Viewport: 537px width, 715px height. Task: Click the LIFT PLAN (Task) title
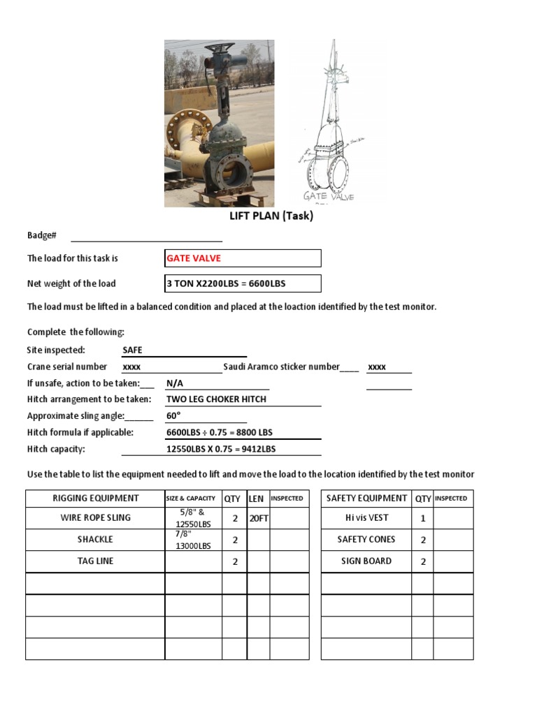[271, 216]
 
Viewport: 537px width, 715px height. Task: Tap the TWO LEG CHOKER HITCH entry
[216, 399]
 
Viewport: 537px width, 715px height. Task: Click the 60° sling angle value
[173, 416]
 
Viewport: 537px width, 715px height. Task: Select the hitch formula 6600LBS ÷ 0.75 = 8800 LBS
[220, 433]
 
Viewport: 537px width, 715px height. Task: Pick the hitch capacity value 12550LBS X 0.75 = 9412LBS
[221, 450]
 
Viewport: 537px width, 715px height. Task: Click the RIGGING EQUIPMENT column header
[96, 499]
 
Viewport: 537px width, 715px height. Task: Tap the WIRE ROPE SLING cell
[96, 518]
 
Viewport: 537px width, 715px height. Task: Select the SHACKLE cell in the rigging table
[96, 540]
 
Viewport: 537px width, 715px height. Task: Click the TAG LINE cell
[96, 561]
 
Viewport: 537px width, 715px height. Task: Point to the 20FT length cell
[258, 518]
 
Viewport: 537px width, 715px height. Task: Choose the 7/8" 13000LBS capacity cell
[194, 540]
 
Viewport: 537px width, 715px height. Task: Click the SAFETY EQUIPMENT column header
[366, 499]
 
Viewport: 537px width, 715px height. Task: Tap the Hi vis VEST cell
[366, 518]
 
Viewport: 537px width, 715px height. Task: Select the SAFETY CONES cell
[366, 540]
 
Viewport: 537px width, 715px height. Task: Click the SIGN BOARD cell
[366, 561]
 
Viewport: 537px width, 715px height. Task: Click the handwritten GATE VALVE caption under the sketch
[329, 196]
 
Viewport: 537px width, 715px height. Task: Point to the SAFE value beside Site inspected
[132, 350]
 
